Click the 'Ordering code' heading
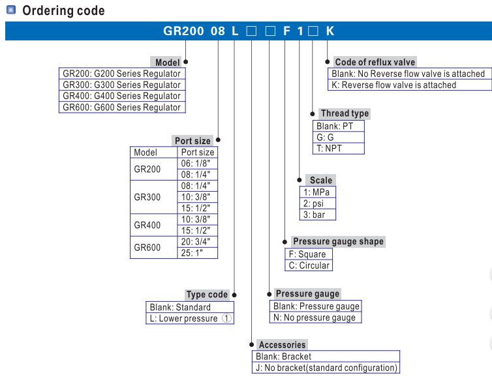(63, 10)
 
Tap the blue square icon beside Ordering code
(11, 10)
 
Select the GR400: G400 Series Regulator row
(122, 96)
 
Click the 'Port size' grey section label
(192, 141)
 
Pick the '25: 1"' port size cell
(197, 253)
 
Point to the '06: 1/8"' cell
(197, 164)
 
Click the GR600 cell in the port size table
(147, 247)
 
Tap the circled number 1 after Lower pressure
(226, 318)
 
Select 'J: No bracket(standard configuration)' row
(326, 368)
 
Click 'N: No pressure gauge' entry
(315, 318)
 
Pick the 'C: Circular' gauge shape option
(309, 265)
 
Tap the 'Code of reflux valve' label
(375, 62)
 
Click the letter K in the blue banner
(330, 31)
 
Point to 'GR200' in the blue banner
(183, 31)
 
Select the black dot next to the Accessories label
(252, 344)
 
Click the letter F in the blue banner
(286, 31)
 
